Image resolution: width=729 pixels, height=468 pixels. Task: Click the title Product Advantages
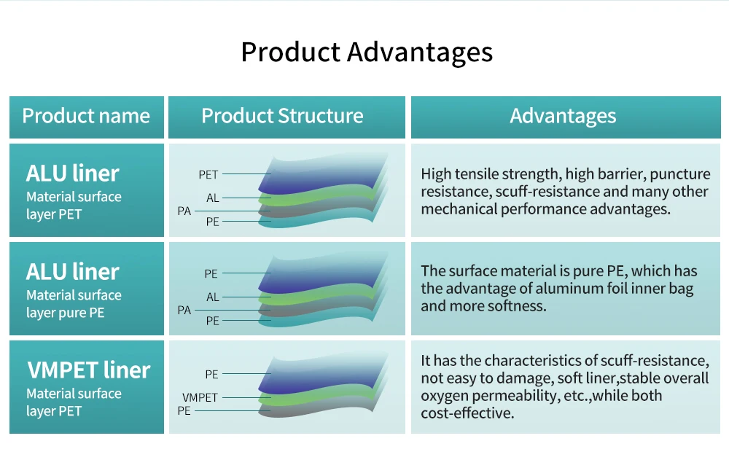point(367,52)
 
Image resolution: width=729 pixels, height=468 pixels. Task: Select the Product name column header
point(86,117)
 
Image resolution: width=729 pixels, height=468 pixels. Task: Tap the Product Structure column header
point(282,117)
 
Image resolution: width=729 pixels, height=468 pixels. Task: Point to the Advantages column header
point(563,117)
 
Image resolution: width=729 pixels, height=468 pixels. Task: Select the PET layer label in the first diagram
point(208,175)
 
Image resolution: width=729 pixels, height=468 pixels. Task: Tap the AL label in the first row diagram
point(212,198)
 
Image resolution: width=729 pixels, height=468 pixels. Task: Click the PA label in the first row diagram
point(184,211)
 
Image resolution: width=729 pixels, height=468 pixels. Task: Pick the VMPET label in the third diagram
point(200,398)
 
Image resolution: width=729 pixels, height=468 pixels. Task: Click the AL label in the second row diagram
point(212,297)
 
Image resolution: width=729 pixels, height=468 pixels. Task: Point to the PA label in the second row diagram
point(184,311)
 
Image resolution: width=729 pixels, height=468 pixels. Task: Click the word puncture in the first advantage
point(679,174)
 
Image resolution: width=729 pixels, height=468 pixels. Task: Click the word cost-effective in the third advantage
point(466,413)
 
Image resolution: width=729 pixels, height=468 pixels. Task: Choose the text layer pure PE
point(65,313)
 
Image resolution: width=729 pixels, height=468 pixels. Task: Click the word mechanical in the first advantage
point(459,209)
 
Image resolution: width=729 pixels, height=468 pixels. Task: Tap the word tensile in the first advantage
point(481,174)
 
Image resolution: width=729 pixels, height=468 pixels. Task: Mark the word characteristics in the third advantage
point(537,361)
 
